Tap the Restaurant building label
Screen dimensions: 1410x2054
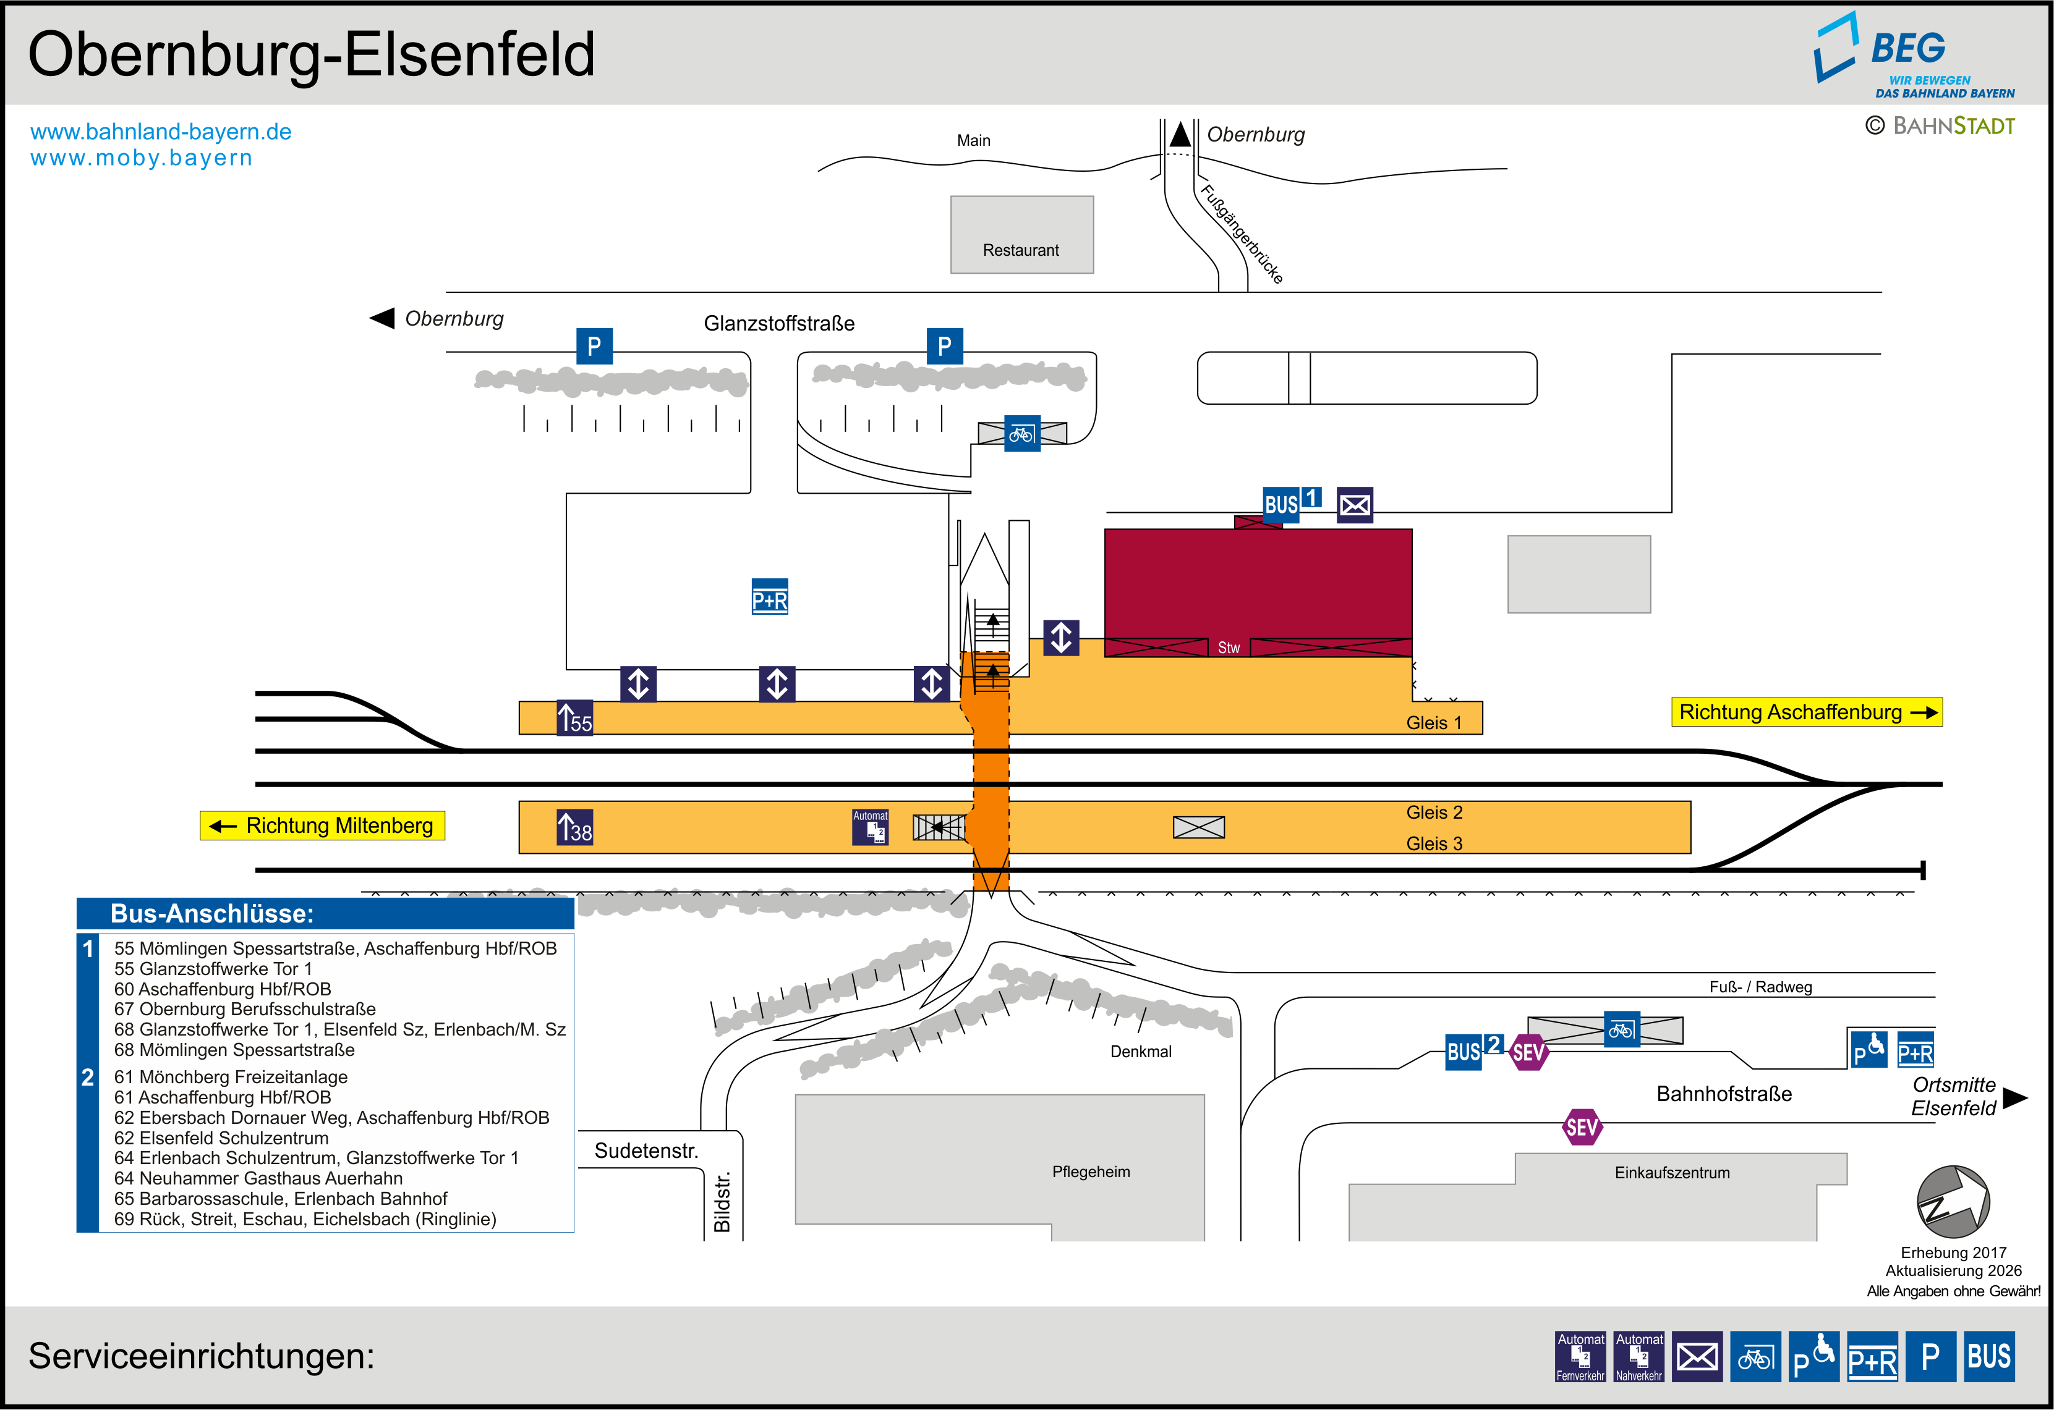(1021, 250)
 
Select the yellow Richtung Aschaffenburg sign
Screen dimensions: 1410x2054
(1805, 712)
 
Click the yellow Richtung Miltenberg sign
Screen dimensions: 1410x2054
(323, 825)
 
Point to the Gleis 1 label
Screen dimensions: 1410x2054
(1434, 723)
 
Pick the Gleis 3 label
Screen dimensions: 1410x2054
(1434, 843)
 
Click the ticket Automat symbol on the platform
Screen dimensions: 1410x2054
(870, 827)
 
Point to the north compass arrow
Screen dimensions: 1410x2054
(1953, 1202)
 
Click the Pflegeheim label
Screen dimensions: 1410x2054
(1091, 1171)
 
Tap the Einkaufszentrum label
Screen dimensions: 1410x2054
(1672, 1172)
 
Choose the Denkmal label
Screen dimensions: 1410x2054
(1140, 1051)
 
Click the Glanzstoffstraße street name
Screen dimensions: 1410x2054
(778, 323)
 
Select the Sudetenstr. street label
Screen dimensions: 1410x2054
(646, 1150)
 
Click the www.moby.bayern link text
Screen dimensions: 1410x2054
(142, 158)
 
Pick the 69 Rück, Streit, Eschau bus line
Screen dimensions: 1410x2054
(305, 1219)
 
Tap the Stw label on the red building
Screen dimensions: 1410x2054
(1229, 648)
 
